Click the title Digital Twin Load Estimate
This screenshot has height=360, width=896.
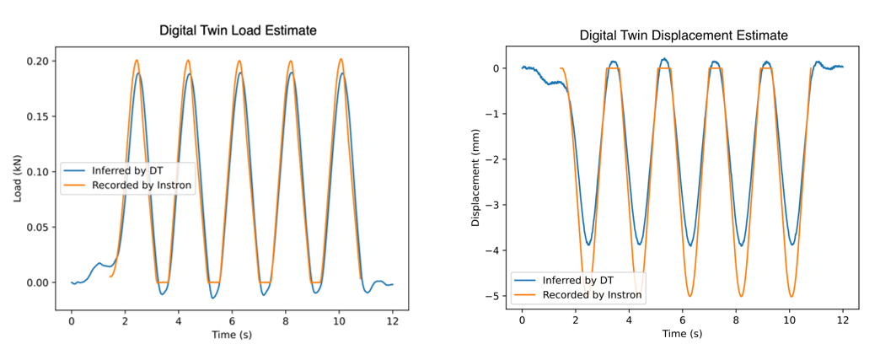coord(239,31)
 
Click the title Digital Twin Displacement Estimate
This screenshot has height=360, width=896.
coord(683,36)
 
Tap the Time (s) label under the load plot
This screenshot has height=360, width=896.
coord(232,336)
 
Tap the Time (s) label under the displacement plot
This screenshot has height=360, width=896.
coord(683,334)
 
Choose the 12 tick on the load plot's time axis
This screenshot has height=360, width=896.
coord(393,320)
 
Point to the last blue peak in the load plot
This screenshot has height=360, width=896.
coord(343,73)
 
